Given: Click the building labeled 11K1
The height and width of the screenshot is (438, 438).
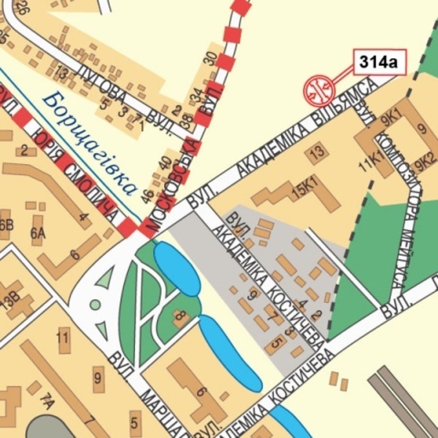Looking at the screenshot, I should (x=369, y=163).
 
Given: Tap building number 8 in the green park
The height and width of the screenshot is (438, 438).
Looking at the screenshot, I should (x=178, y=317).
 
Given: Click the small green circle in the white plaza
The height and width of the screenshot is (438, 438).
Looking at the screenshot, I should (x=95, y=304).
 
